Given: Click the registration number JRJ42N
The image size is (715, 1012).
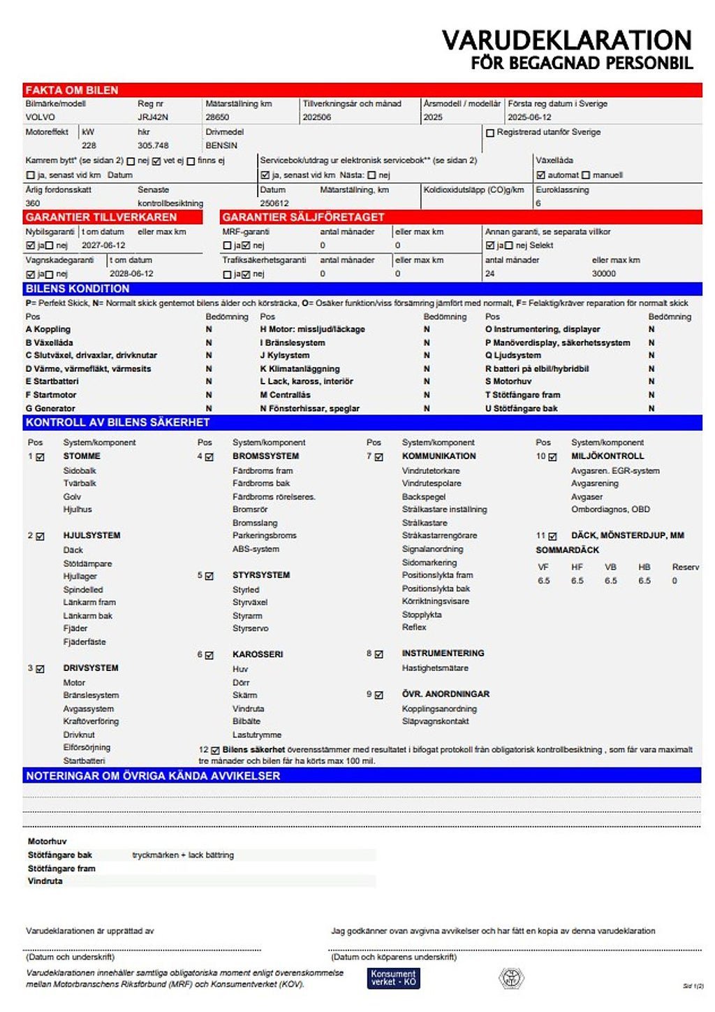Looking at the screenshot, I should click(152, 117).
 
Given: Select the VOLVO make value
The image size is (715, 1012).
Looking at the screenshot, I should click(40, 117).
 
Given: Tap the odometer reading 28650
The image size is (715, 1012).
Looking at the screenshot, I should click(217, 117).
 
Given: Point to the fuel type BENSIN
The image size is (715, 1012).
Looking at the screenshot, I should click(221, 145).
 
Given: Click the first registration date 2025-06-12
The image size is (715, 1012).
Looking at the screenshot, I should click(529, 117).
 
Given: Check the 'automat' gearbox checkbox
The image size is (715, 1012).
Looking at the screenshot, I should click(540, 175).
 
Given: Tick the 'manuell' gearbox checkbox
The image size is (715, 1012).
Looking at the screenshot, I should click(586, 175).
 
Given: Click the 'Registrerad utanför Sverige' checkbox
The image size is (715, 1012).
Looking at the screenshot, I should click(490, 133).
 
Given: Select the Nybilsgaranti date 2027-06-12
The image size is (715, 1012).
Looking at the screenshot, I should click(103, 245).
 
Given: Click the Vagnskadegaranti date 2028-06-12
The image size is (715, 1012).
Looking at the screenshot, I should click(131, 274).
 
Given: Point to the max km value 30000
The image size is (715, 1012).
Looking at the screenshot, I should click(604, 274).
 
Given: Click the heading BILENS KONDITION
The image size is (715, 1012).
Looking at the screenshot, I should click(78, 289).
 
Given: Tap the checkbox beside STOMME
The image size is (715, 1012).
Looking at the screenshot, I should click(40, 457).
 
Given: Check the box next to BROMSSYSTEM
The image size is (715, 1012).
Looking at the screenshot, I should click(209, 457).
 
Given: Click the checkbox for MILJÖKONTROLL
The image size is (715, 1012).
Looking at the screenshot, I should click(552, 457).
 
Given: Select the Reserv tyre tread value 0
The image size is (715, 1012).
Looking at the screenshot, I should click(675, 581).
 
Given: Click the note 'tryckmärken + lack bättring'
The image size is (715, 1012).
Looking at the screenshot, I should click(183, 855).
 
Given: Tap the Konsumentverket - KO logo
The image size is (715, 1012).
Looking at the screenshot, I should click(393, 978).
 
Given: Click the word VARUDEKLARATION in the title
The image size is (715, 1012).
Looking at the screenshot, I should click(566, 40).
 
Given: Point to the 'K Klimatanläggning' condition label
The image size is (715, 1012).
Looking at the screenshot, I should click(300, 368).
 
